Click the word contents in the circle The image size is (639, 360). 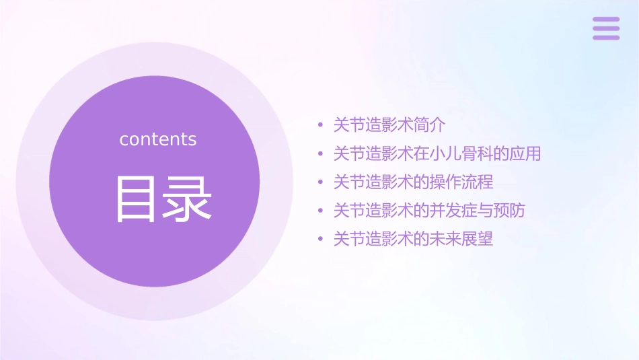click(158, 139)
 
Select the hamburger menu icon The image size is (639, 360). click(606, 28)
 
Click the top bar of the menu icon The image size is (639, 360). click(606, 20)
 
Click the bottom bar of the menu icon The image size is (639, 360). click(606, 37)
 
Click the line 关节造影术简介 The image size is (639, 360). click(389, 125)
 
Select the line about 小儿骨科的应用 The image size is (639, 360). click(437, 153)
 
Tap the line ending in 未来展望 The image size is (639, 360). click(414, 239)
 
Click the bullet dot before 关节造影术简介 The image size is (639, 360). click(321, 126)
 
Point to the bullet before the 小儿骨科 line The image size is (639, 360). click(321, 154)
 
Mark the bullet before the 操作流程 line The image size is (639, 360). click(321, 182)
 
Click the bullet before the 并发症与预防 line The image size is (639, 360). click(321, 211)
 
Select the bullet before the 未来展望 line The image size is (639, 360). click(321, 240)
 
